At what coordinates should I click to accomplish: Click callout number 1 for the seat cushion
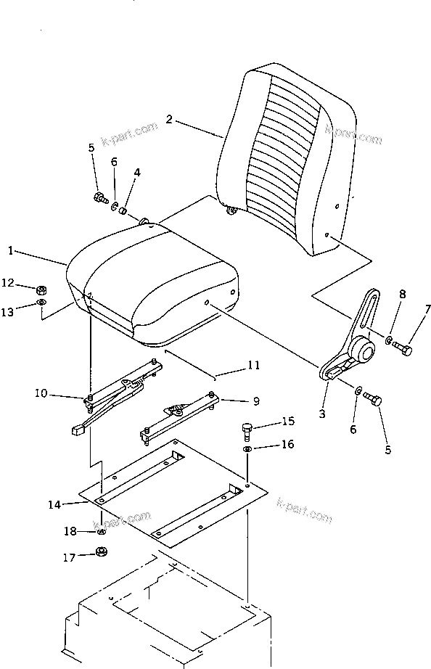[11, 251]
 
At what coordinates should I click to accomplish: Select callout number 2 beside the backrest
[168, 120]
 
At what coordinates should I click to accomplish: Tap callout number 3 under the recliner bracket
[322, 414]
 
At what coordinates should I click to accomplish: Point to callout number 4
[137, 173]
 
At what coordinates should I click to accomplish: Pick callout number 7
[427, 309]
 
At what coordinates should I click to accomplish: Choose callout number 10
[40, 394]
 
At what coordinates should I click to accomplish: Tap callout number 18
[70, 532]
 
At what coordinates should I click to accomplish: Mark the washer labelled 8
[389, 340]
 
